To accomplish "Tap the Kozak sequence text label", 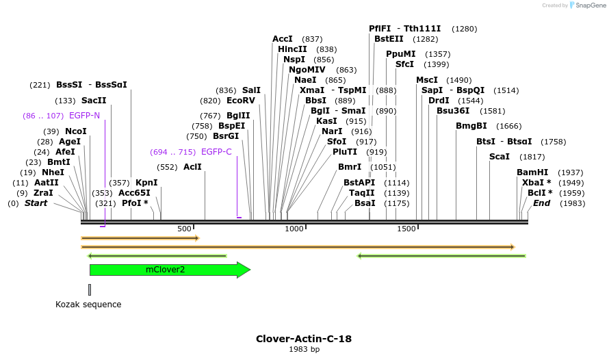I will click(x=88, y=305).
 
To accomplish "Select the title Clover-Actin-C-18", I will click(x=304, y=339).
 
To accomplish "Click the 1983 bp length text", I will click(x=304, y=350).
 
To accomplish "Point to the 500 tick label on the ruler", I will click(x=184, y=229).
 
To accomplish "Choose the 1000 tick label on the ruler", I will click(x=294, y=229).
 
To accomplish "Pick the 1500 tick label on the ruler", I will click(x=406, y=229).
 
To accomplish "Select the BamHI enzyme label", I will click(x=532, y=172).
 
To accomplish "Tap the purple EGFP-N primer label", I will click(x=84, y=116).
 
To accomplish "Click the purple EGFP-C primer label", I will click(x=216, y=152).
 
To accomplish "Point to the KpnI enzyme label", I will click(x=146, y=183).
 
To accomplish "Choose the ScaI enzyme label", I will click(x=500, y=157).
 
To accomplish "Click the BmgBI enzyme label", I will click(x=471, y=126).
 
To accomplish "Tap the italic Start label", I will click(x=36, y=203).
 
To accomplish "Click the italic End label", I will click(x=541, y=203).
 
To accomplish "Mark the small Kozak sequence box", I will click(x=90, y=290).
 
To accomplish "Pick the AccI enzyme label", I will click(x=283, y=39).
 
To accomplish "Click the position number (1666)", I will click(x=508, y=126).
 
